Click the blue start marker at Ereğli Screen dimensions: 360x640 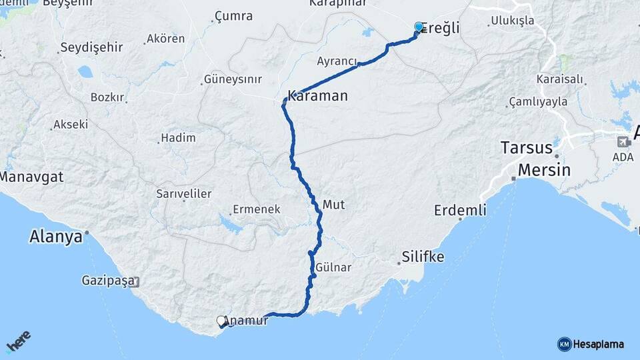pos(419,27)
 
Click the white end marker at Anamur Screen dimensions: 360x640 pos(221,321)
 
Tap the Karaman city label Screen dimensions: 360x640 pos(317,96)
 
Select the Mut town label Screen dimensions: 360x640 pos(333,205)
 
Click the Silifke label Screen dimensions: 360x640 pos(423,256)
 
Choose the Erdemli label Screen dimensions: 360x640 pos(460,211)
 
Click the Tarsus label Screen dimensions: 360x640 pos(527,147)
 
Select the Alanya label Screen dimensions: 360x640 pos(55,237)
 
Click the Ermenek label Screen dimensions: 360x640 pos(256,209)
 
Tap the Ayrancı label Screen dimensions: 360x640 pos(336,61)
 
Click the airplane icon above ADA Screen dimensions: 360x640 pos(623,141)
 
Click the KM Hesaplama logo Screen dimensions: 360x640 pos(591,344)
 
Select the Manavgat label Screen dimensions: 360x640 pos(31,177)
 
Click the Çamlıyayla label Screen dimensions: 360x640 pos(537,102)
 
